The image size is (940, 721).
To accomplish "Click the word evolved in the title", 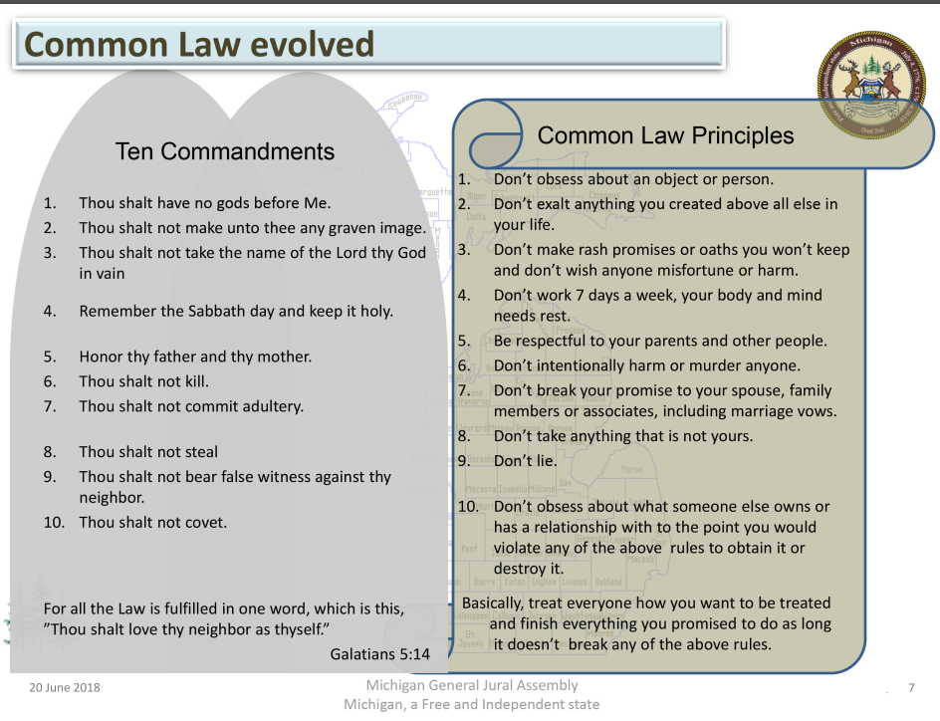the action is point(312,45).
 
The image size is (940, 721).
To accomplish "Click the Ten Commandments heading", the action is point(225,151).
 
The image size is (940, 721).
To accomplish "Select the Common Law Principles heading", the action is point(665,136).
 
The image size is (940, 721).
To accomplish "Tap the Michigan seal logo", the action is point(871,86).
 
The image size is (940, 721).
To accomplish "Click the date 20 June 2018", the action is point(65,687).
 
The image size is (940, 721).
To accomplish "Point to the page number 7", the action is point(911,687).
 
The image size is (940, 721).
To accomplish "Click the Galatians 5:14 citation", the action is point(380,654).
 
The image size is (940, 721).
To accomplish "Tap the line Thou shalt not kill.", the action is point(143,381).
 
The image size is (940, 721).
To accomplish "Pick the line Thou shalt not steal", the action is point(148,452).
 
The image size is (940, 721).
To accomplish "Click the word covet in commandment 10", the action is point(205,523).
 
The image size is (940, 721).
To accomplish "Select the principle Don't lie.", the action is point(525,461).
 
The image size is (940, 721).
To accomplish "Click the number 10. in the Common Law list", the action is point(468,507).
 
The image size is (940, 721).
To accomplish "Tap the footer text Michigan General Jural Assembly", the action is point(472,685).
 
